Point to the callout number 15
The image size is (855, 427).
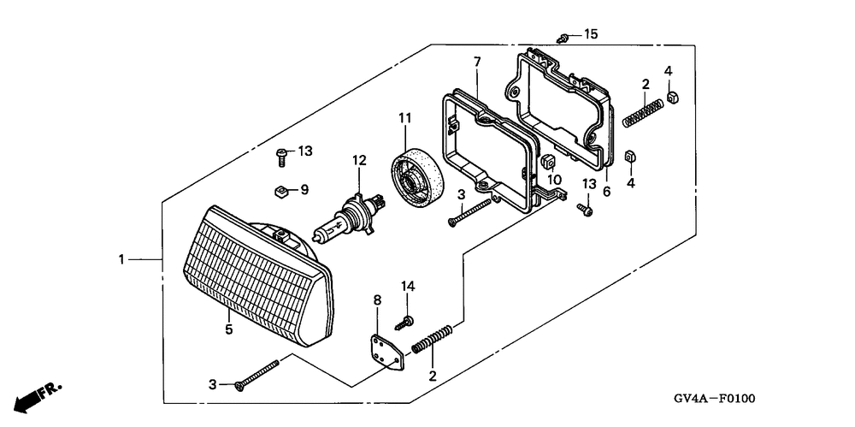pos(591,34)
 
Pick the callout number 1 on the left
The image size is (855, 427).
pos(121,258)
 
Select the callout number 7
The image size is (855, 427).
pos(476,61)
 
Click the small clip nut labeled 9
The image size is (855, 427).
pos(280,190)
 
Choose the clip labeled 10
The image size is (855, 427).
pos(548,162)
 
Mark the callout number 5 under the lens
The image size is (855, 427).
pos(228,328)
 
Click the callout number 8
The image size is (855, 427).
pos(376,299)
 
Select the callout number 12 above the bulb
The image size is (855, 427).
pos(358,159)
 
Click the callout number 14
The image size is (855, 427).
pos(408,285)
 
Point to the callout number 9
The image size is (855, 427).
pos(304,189)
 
